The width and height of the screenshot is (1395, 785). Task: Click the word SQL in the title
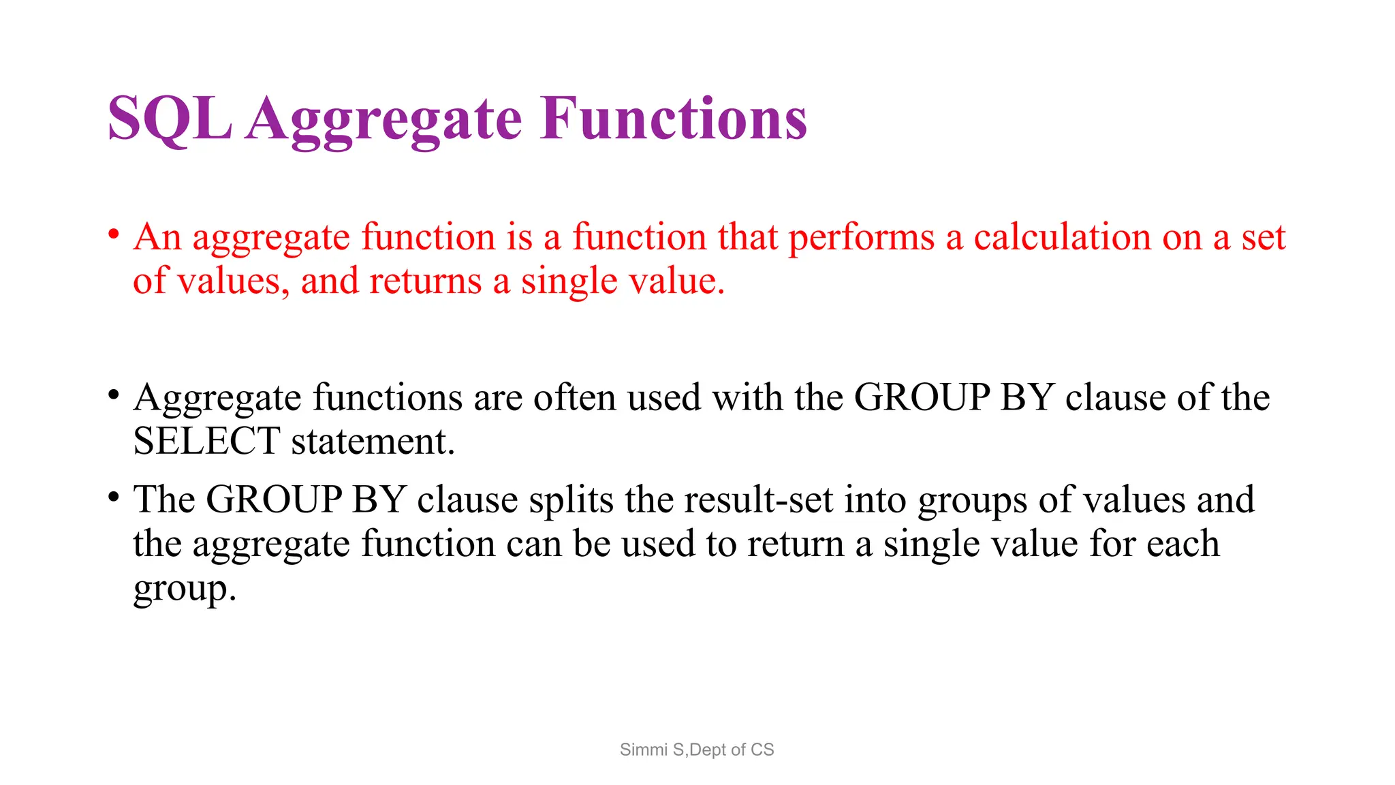point(170,119)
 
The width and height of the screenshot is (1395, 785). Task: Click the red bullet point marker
point(114,234)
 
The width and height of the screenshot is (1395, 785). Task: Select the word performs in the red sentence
point(861,238)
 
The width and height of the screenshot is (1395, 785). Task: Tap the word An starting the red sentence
point(157,238)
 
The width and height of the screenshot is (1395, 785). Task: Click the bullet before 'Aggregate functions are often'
point(114,395)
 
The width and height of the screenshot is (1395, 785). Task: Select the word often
point(574,398)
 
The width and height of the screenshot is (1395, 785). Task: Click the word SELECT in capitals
point(206,442)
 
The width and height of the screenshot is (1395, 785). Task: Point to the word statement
point(373,442)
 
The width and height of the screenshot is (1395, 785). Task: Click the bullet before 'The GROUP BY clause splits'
point(114,497)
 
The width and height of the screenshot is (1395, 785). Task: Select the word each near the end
point(1182,544)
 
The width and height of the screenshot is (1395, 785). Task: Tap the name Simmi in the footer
point(643,750)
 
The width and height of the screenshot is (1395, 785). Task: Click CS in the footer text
point(762,750)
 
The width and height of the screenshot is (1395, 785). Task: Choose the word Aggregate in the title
point(384,119)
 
